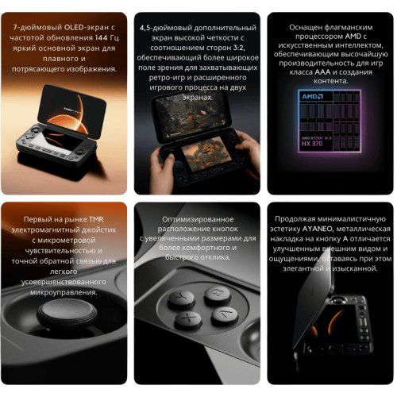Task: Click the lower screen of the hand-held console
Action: pos(198,154)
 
